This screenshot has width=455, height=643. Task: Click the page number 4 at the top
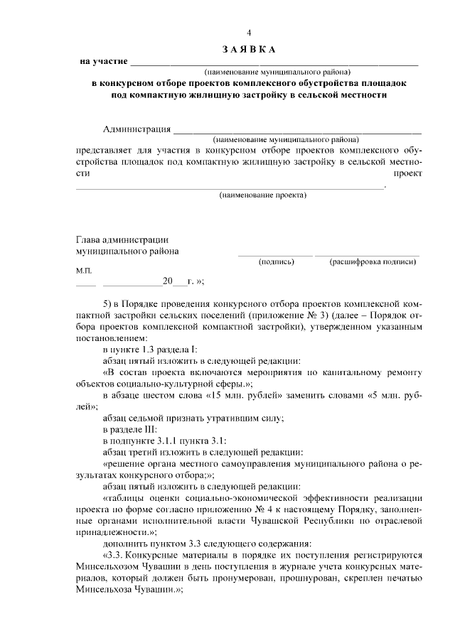pos(249,33)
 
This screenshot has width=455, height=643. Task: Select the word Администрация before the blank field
pos(137,129)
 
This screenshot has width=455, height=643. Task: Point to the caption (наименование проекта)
pos(262,195)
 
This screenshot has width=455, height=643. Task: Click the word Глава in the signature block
pos(90,239)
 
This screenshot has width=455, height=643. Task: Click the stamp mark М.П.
pos(83,271)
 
